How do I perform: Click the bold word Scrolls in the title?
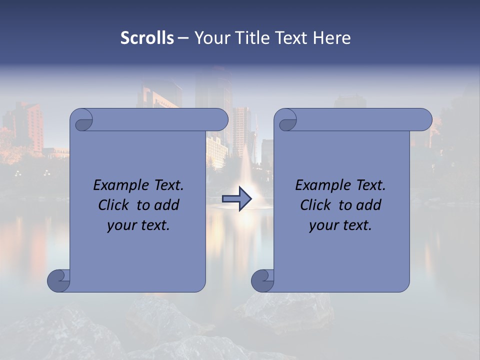pyautogui.click(x=147, y=38)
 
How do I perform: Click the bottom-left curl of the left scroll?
pyautogui.click(x=58, y=280)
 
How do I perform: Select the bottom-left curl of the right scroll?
pyautogui.click(x=262, y=280)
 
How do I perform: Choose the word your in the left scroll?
pyautogui.click(x=121, y=225)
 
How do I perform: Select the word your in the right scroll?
pyautogui.click(x=323, y=225)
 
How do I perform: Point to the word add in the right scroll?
pyautogui.click(x=368, y=205)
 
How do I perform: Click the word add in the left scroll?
pyautogui.click(x=166, y=205)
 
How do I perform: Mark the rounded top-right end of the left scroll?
pyautogui.click(x=220, y=120)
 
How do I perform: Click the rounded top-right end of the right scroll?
pyautogui.click(x=424, y=120)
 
